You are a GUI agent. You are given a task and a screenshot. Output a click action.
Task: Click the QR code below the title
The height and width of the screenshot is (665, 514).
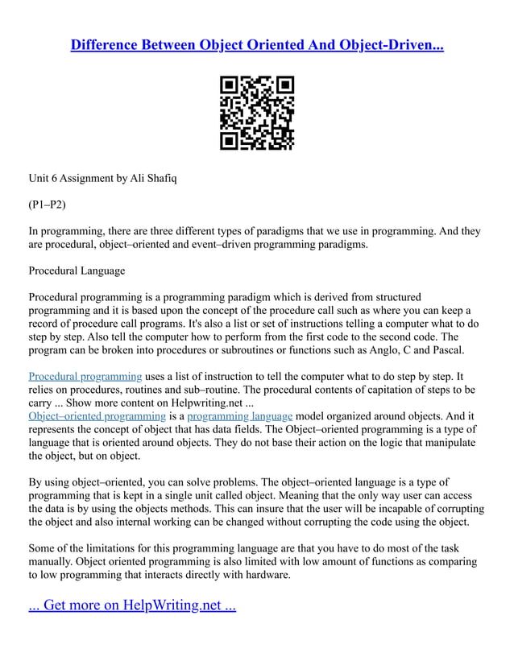click(x=257, y=113)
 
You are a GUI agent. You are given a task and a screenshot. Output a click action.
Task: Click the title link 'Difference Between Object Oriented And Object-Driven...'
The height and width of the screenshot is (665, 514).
click(x=257, y=45)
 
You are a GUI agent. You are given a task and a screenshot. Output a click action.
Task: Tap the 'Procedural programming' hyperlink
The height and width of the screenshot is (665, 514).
click(x=85, y=376)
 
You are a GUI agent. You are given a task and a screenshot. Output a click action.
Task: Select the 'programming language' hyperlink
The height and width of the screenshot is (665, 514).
click(x=239, y=416)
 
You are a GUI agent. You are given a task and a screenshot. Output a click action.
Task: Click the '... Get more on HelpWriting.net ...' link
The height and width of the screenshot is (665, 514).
click(x=132, y=605)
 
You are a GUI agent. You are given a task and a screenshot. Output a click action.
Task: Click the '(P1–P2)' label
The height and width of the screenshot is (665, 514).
click(x=47, y=204)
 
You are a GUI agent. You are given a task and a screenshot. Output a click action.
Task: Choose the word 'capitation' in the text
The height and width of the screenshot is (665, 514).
click(x=356, y=390)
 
